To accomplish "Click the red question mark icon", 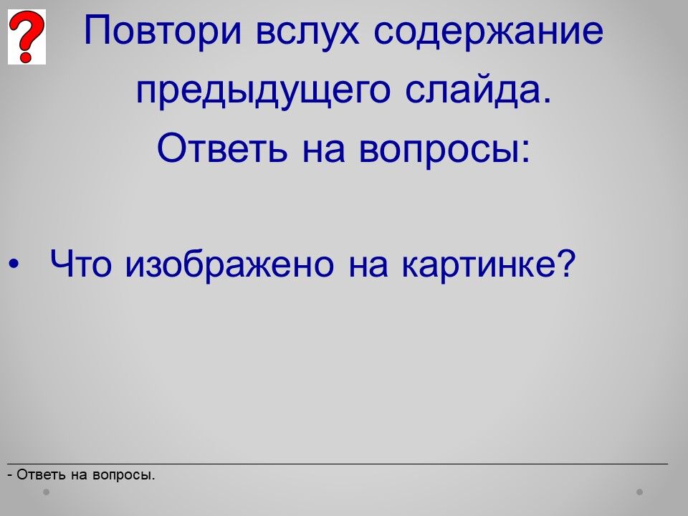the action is tap(27, 37).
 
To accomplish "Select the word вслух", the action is tap(307, 31).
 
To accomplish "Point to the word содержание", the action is tap(488, 32).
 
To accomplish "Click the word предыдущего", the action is tap(263, 91).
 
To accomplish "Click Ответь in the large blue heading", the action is tap(222, 148).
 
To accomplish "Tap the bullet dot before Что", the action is tap(14, 264).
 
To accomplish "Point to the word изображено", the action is tap(229, 264).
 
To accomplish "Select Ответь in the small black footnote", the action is tap(42, 474).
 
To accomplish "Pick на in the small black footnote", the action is tap(80, 476).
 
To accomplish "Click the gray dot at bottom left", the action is tap(46, 492).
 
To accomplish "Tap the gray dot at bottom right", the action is tap(640, 492).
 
